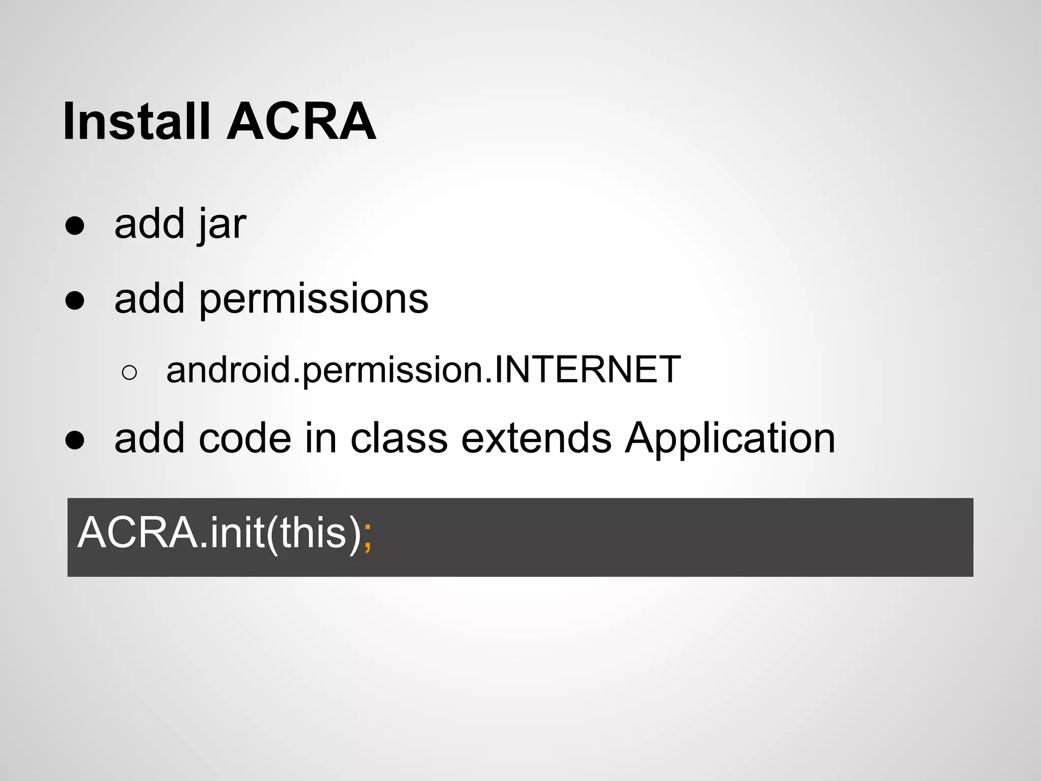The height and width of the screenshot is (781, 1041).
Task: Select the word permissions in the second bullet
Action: tap(314, 299)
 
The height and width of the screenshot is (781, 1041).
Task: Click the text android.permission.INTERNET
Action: tap(423, 370)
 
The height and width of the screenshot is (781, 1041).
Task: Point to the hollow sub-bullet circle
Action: tap(130, 373)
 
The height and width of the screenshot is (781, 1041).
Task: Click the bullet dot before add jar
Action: tap(75, 226)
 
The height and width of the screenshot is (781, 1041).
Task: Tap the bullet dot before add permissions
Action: tap(75, 301)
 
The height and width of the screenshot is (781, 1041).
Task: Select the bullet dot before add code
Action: tap(75, 440)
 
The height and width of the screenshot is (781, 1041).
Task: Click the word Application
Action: tap(730, 439)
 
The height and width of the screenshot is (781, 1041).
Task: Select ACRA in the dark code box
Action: tap(137, 533)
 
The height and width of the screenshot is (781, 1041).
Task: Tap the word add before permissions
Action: tap(149, 299)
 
